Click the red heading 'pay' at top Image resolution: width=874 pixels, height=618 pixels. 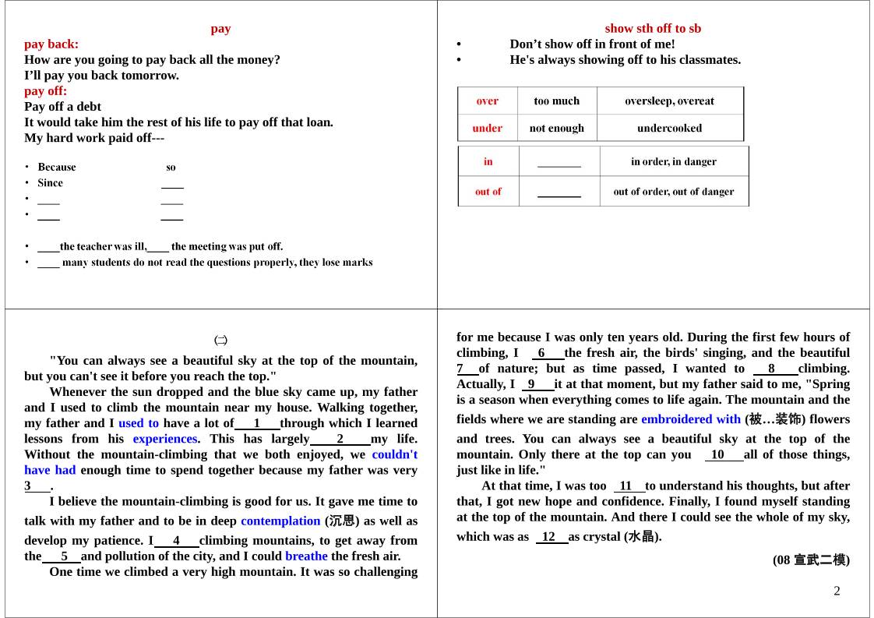point(220,29)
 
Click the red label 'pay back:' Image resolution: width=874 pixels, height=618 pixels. point(51,44)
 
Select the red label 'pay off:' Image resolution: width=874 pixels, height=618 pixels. point(46,91)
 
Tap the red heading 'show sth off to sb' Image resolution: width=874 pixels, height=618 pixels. point(653,29)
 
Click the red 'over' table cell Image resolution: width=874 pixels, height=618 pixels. point(487,101)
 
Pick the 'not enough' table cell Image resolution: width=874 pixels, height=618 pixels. point(557,129)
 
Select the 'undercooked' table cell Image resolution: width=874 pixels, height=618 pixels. point(669,129)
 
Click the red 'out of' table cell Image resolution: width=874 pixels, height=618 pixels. point(488,192)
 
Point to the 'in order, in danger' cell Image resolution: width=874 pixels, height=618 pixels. point(673,162)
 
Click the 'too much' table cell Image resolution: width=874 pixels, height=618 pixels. point(557,101)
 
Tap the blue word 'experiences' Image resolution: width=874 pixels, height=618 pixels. point(164,439)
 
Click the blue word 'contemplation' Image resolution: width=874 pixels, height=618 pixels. point(280,521)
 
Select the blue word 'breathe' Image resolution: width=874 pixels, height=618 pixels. point(306,556)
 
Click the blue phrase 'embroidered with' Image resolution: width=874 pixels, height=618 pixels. point(691,419)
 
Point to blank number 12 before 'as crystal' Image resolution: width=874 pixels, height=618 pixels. point(549,537)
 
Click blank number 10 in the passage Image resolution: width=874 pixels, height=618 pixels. point(717,455)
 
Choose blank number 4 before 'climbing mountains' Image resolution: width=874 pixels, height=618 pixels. point(176,541)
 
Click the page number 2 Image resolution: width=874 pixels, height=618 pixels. point(837,591)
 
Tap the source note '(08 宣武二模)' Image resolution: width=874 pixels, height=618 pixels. point(811,560)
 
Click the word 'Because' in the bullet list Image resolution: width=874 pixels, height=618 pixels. point(57,168)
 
